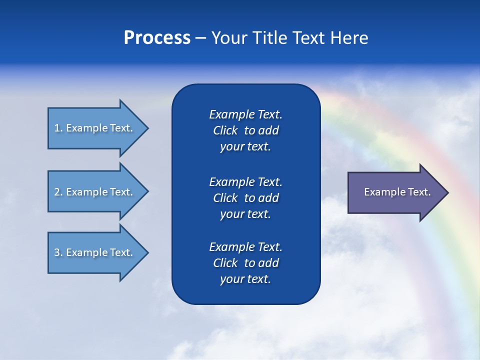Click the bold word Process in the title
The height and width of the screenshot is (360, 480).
pyautogui.click(x=157, y=38)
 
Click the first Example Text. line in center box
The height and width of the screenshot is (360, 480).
pyautogui.click(x=245, y=114)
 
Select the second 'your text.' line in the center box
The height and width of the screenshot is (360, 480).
pyautogui.click(x=245, y=214)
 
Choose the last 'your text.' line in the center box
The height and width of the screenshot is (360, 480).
pyautogui.click(x=245, y=279)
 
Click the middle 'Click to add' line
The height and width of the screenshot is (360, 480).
pyautogui.click(x=245, y=198)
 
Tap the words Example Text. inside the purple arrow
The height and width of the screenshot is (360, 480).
pyautogui.click(x=397, y=192)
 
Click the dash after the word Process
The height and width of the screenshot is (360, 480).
pyautogui.click(x=200, y=38)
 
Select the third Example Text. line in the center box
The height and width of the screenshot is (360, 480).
pyautogui.click(x=245, y=247)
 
